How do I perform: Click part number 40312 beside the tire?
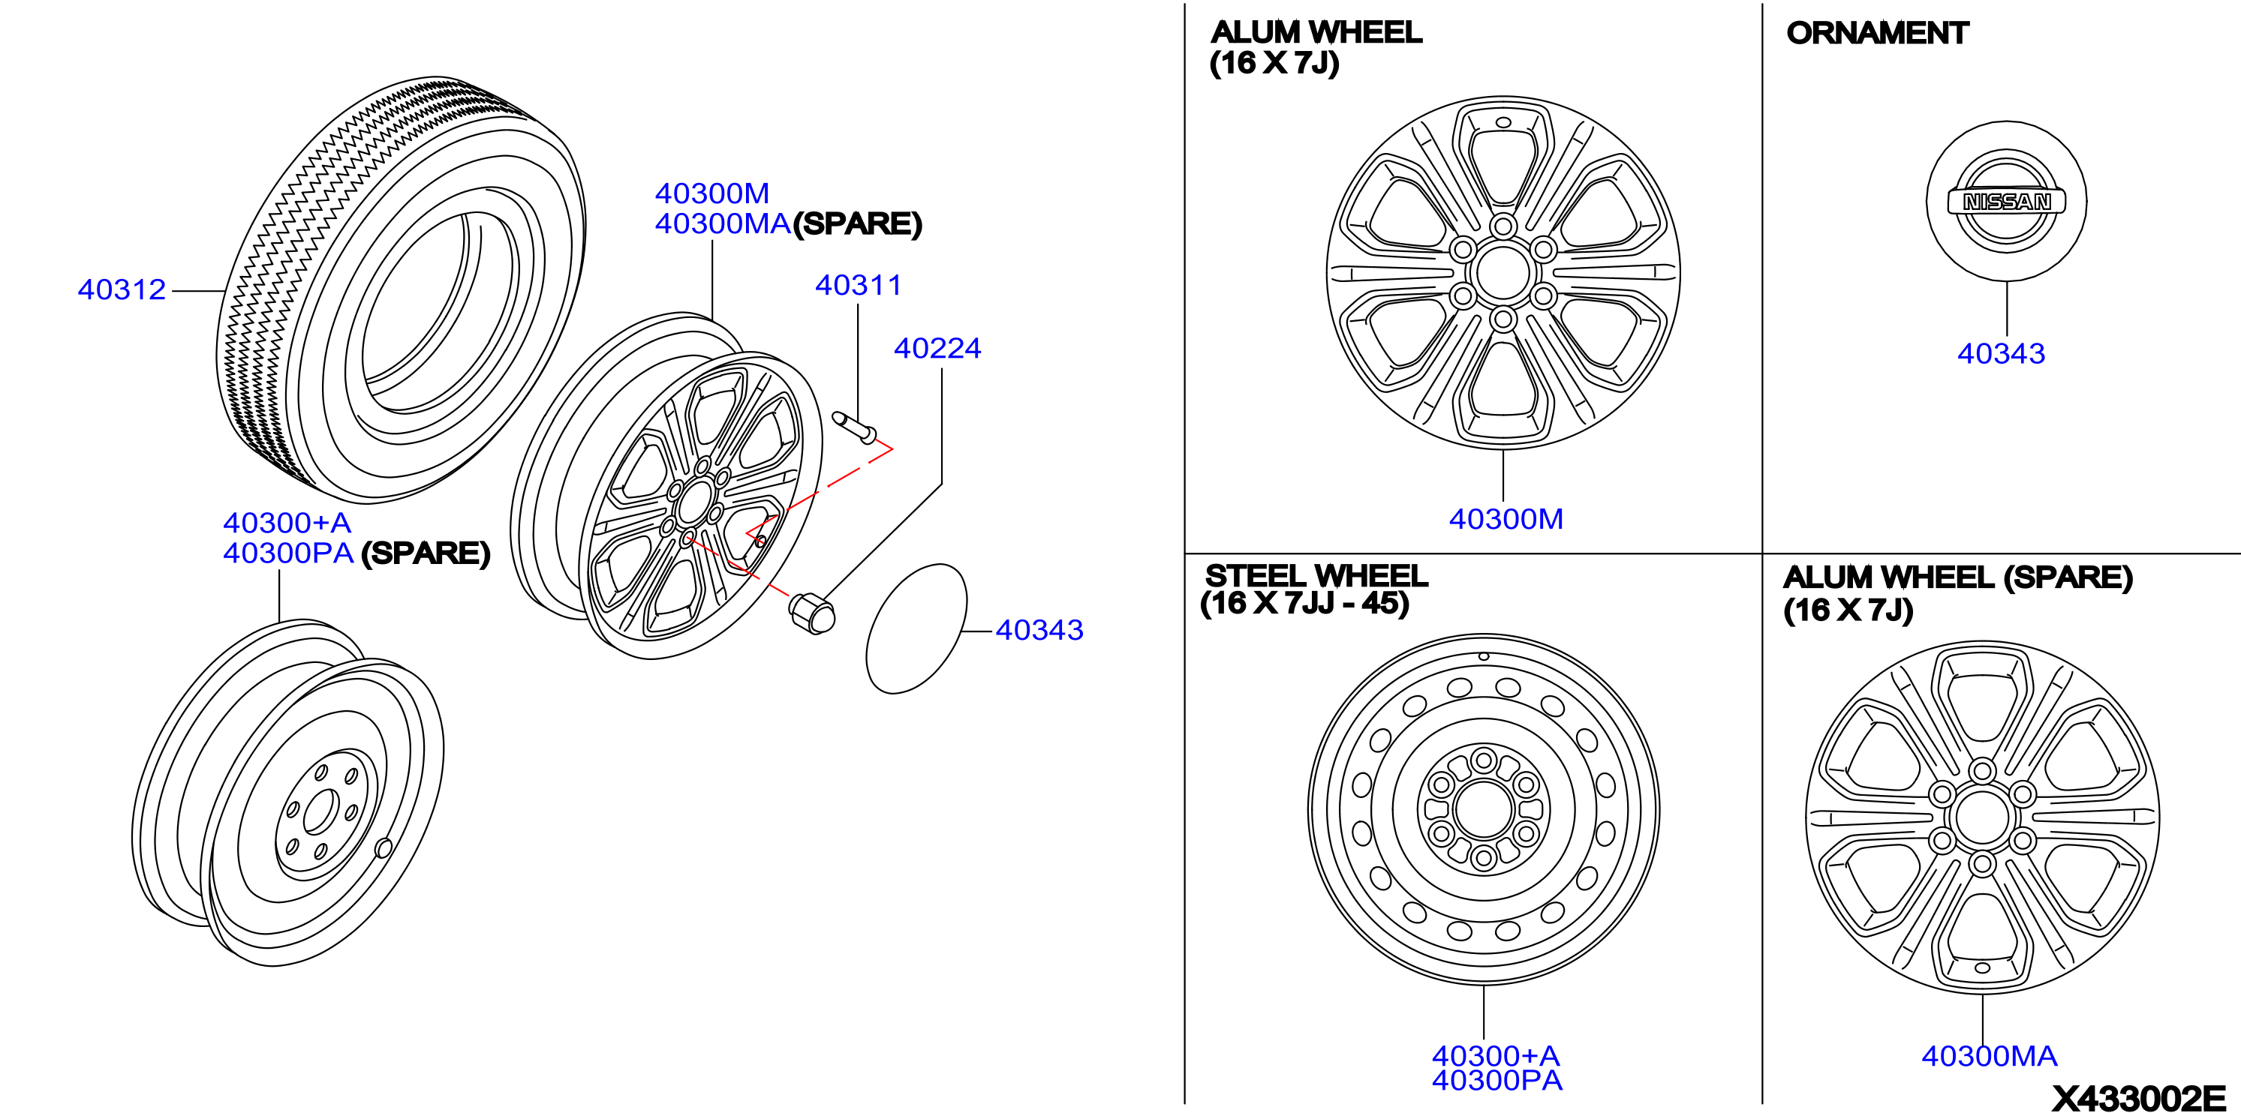122,289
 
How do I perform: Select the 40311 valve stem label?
858,285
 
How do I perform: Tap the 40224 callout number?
937,349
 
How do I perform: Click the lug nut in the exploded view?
811,612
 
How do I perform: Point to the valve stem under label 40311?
854,427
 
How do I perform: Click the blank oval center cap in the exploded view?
916,628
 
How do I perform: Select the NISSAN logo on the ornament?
2006,202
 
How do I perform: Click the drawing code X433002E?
2138,1098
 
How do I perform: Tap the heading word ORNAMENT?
1876,33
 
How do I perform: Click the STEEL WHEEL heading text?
1316,576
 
